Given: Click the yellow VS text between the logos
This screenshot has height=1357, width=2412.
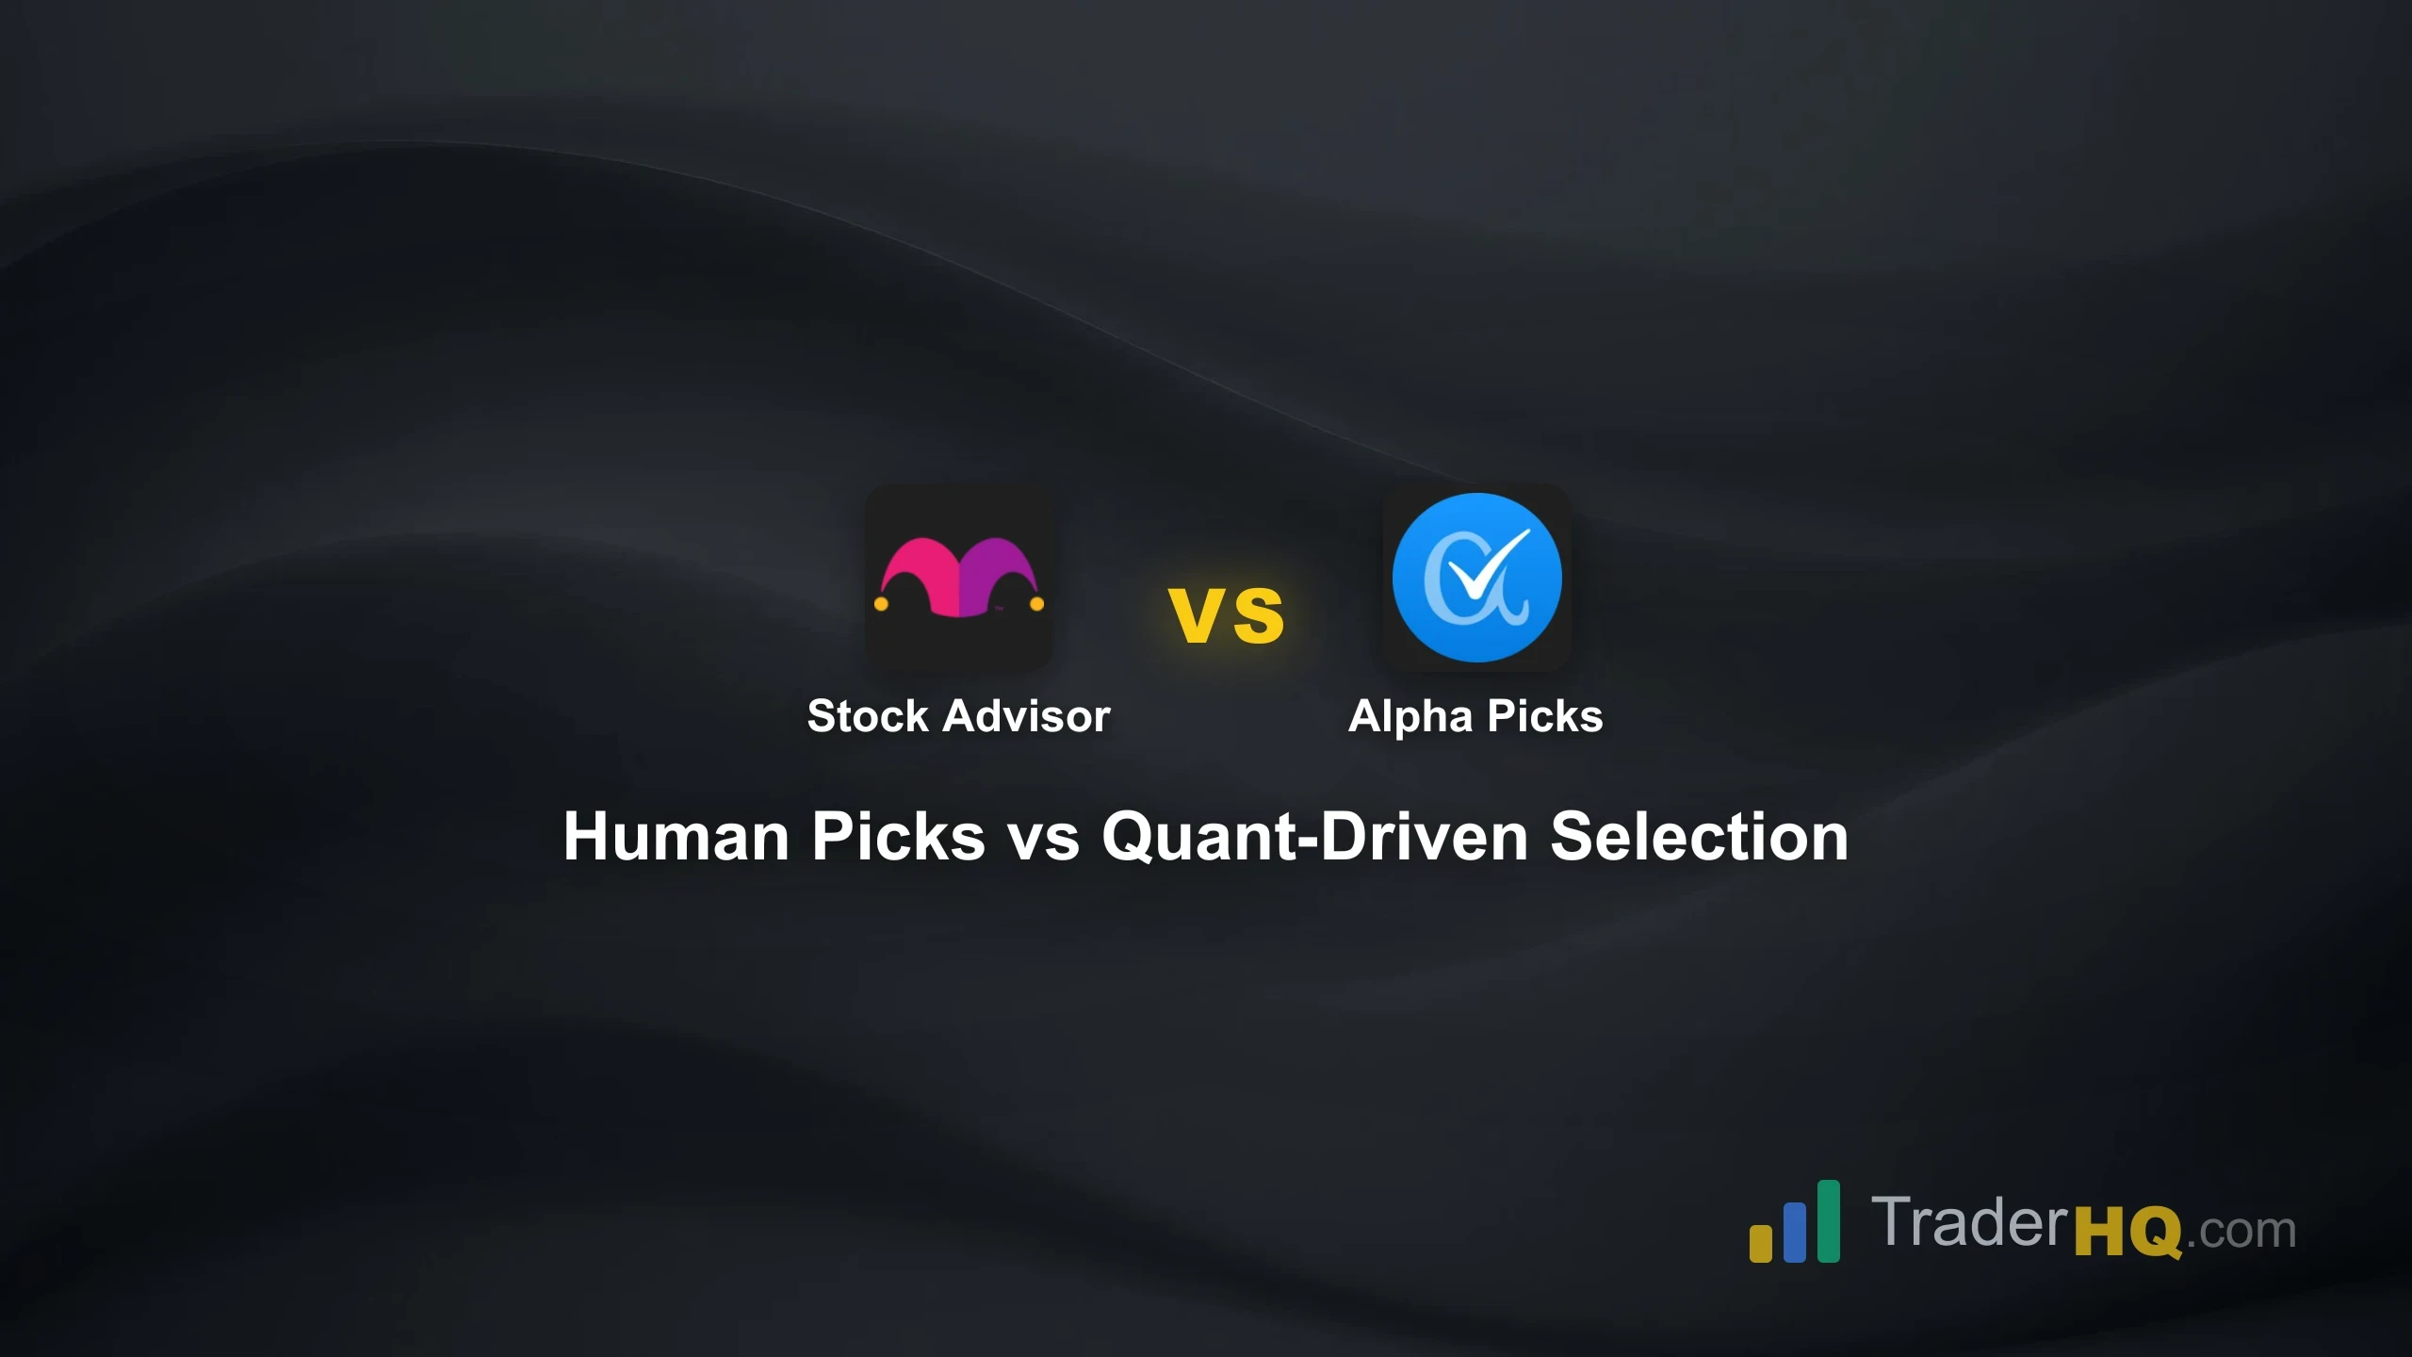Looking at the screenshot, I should (1226, 616).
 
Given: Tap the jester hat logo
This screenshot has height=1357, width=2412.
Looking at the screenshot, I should (958, 578).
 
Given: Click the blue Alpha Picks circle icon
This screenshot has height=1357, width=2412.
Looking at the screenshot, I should (1476, 577).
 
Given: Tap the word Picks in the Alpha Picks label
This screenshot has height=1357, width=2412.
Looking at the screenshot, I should (1544, 716).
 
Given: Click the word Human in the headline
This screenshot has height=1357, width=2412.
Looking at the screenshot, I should (676, 837).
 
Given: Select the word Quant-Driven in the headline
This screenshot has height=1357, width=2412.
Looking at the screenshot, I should (1314, 837).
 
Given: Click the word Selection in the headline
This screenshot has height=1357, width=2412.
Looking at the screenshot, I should (1699, 837).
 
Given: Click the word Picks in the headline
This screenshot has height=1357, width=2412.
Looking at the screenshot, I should (898, 837).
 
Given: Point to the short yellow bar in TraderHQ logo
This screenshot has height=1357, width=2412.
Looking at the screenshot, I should (1760, 1243).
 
